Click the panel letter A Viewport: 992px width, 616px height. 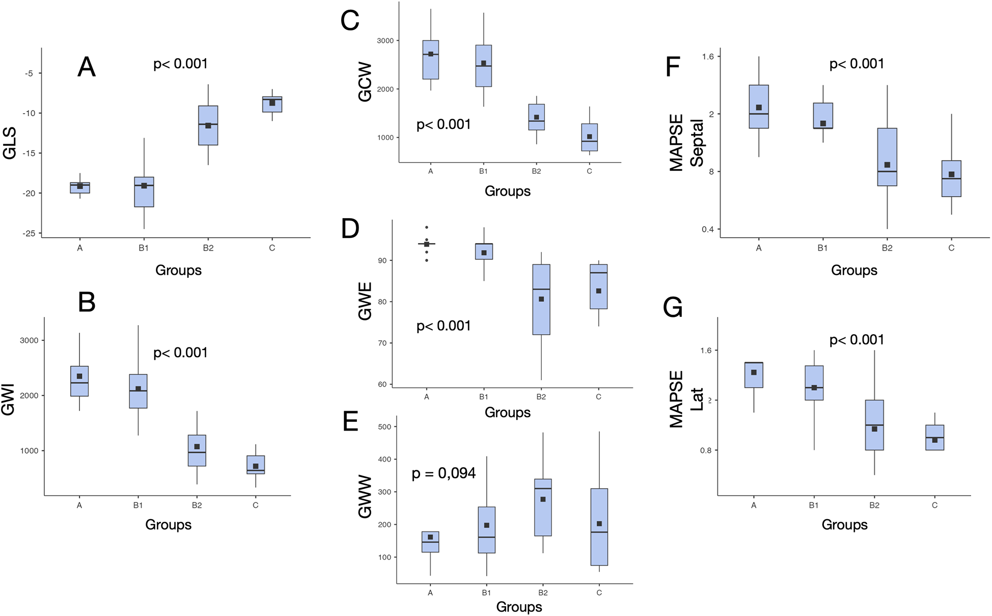(87, 67)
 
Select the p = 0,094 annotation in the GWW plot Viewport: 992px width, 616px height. (444, 473)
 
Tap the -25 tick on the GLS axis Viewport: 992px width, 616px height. (29, 233)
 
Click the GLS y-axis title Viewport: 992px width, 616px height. (10, 143)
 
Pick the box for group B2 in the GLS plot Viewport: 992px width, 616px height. (208, 125)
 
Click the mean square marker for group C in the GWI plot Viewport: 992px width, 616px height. (256, 466)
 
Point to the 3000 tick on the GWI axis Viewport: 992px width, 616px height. (29, 340)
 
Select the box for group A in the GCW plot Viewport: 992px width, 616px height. (431, 60)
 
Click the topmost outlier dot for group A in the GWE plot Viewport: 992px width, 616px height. (427, 227)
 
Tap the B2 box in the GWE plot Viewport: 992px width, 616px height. (541, 300)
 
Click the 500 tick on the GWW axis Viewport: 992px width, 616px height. (385, 427)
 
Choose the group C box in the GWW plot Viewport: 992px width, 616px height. (599, 527)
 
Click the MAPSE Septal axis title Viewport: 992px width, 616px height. (686, 143)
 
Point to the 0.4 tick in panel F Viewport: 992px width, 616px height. (707, 229)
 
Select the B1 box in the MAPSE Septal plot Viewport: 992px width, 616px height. (823, 116)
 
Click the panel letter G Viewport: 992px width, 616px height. (673, 308)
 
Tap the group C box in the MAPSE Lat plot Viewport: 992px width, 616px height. (934, 438)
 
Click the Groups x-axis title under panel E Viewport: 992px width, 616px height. (519, 607)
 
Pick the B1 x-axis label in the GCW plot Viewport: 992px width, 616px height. (483, 171)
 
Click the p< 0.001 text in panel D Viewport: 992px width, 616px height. (444, 326)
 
